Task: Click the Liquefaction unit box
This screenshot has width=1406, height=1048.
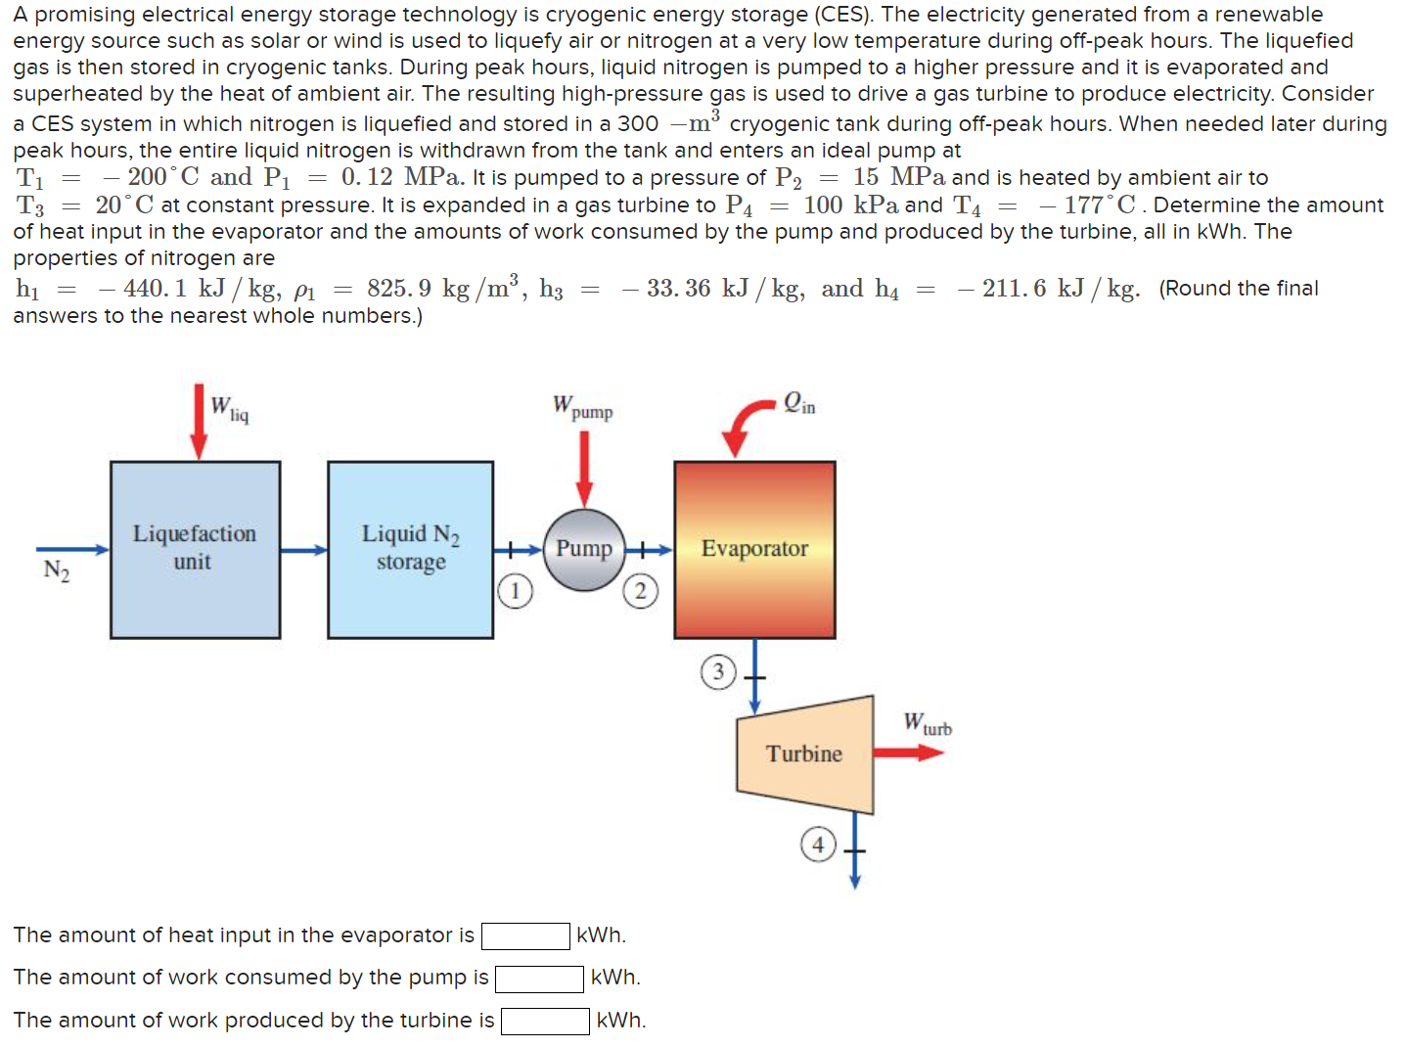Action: coord(195,549)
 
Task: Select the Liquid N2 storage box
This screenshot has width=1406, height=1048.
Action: coord(410,549)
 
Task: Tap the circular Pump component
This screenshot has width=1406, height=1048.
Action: coord(584,549)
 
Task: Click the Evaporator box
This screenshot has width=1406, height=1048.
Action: coord(754,549)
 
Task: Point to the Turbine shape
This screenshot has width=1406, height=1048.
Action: coord(804,753)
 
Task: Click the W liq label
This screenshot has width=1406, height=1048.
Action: coord(230,408)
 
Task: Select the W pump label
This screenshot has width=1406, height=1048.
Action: coord(583,407)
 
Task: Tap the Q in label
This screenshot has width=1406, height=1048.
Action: coord(799,403)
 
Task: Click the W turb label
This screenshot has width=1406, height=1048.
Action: coord(927,724)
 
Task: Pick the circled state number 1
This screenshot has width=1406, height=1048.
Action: coord(516,591)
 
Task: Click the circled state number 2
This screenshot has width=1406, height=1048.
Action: coord(640,591)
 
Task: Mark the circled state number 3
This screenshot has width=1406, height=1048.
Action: coord(718,672)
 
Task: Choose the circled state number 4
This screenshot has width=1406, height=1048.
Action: coord(818,843)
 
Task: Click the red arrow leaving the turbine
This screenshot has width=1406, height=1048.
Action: coord(907,752)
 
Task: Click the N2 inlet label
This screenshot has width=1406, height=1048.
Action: coord(57,571)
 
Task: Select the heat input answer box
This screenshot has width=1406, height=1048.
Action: coord(525,936)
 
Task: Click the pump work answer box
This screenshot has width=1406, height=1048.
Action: coord(539,979)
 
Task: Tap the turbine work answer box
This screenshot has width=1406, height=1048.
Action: coord(545,1022)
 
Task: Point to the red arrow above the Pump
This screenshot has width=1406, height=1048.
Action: coord(584,468)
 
